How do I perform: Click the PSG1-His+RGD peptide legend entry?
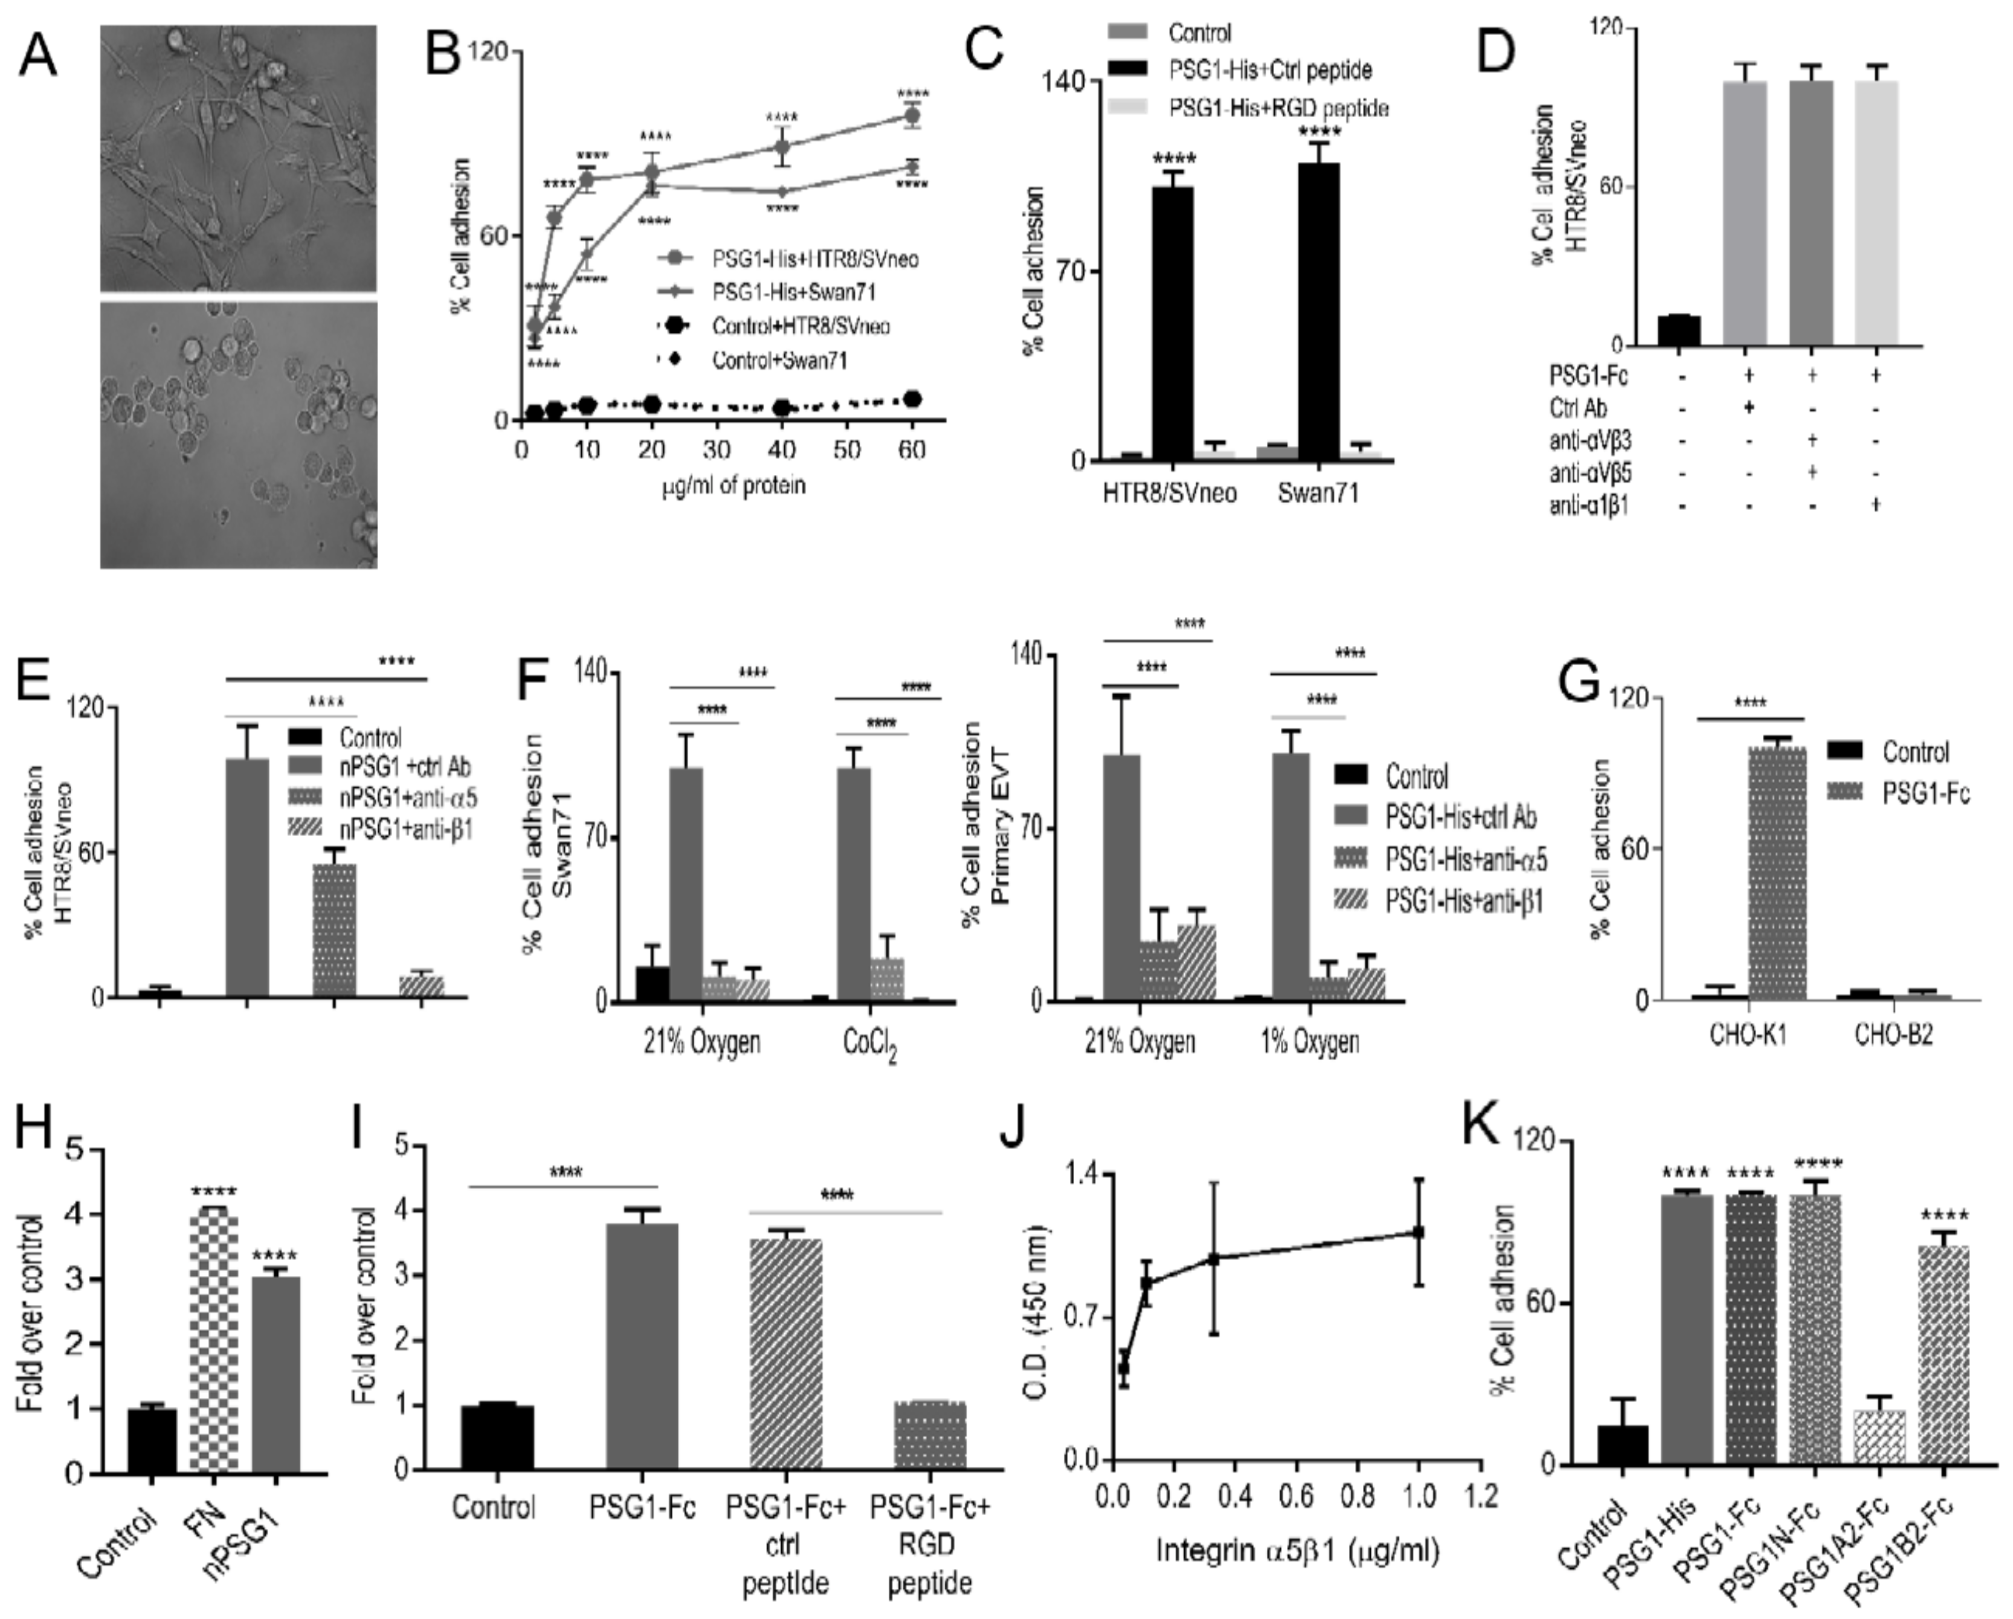pos(1277,108)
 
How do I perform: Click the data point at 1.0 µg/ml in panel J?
pos(1419,1232)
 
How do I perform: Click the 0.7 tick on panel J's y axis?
pos(1072,1318)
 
